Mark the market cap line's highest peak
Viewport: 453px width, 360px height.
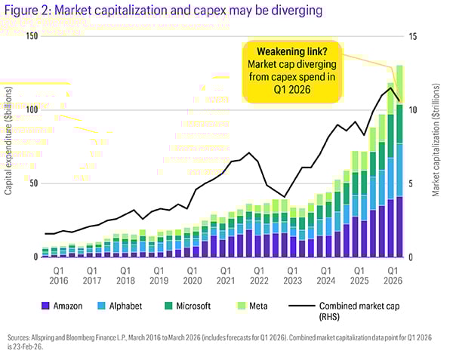[390, 88]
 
